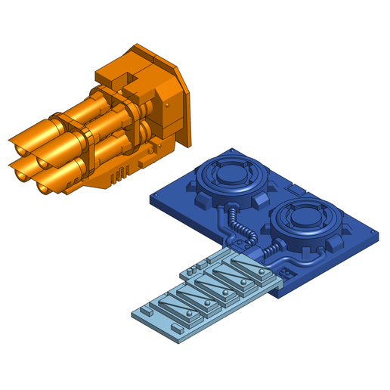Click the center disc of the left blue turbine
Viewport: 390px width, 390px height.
click(x=231, y=175)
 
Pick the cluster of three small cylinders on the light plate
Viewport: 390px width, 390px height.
click(x=195, y=267)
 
